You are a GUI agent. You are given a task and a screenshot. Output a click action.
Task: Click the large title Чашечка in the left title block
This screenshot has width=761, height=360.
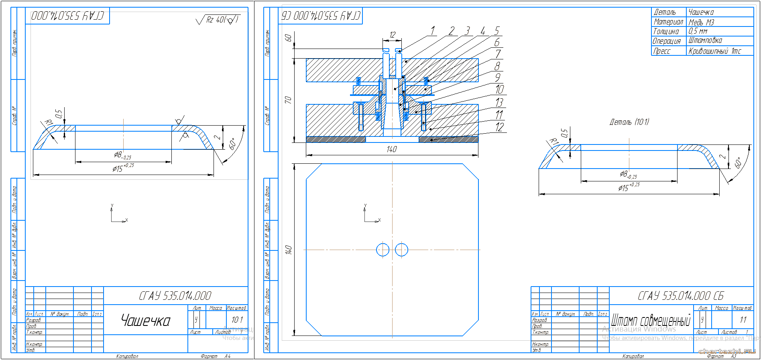[x=146, y=321]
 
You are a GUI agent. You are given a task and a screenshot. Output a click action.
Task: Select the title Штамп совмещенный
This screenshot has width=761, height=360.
[x=650, y=321]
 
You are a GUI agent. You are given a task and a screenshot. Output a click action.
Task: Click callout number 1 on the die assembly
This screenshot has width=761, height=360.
[x=433, y=31]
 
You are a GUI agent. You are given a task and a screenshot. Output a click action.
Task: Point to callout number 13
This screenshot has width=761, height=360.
[x=499, y=103]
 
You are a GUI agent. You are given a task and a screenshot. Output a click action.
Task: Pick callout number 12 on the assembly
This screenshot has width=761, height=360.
[x=499, y=127]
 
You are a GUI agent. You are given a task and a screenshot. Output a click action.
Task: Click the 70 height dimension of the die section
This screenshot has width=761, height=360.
[x=288, y=100]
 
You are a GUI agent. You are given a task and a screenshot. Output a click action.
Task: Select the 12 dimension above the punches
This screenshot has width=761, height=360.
[x=392, y=35]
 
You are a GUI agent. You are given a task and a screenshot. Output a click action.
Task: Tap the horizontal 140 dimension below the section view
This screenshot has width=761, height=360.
[x=391, y=149]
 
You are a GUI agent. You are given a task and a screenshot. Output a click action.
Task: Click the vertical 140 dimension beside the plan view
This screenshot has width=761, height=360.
[x=288, y=250]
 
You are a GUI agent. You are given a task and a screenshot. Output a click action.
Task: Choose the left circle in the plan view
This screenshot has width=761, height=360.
[x=383, y=250]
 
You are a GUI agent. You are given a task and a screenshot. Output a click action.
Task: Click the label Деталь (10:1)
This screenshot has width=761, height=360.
[x=629, y=122]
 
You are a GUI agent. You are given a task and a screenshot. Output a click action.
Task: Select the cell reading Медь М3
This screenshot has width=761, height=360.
[x=701, y=22]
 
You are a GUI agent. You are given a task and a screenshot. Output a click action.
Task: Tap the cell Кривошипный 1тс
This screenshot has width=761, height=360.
[x=714, y=51]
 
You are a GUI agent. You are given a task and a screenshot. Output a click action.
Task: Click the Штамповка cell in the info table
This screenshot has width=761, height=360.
[x=705, y=41]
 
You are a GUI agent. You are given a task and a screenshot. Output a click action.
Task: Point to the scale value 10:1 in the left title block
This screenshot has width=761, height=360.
[x=237, y=320]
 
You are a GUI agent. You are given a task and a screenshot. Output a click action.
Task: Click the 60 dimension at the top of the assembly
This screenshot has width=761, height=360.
[x=288, y=38]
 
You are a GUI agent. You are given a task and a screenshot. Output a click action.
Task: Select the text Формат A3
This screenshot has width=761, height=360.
[x=721, y=356]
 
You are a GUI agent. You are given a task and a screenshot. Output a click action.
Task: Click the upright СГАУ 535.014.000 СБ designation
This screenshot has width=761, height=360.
[x=680, y=296]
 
